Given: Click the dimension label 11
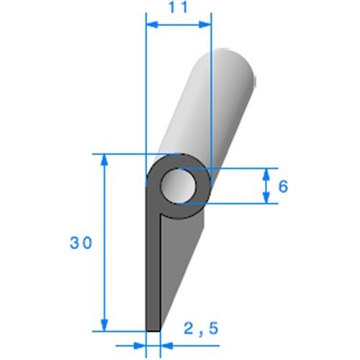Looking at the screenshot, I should (x=179, y=8).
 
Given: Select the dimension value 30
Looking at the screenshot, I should (x=81, y=243).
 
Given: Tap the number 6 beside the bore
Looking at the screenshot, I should (x=283, y=186).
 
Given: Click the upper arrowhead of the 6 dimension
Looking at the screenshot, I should (x=266, y=174).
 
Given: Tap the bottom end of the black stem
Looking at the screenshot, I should (x=153, y=328).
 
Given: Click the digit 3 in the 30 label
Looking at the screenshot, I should (x=75, y=243).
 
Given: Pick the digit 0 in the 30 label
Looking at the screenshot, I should (x=88, y=243).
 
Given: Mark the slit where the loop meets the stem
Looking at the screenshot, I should (x=162, y=215).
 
